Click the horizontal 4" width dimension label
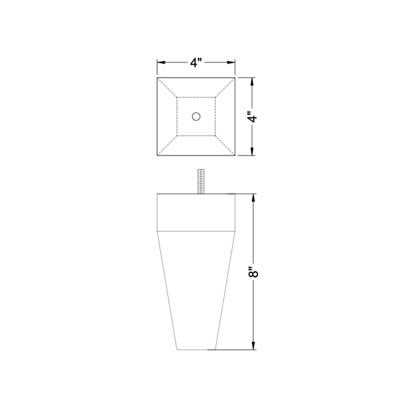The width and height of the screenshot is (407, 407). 196,62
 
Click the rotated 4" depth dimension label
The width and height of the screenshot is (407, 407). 252,117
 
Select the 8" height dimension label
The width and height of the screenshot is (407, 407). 254,272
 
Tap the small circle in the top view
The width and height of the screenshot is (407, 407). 196,116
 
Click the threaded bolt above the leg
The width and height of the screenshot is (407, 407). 201,181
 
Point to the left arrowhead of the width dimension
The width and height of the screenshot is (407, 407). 161,62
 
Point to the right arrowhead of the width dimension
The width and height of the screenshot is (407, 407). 231,62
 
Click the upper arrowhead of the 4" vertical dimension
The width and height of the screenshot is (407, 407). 252,82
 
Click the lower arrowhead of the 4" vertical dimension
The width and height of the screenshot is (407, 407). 252,151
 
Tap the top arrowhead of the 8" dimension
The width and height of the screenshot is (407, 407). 254,198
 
